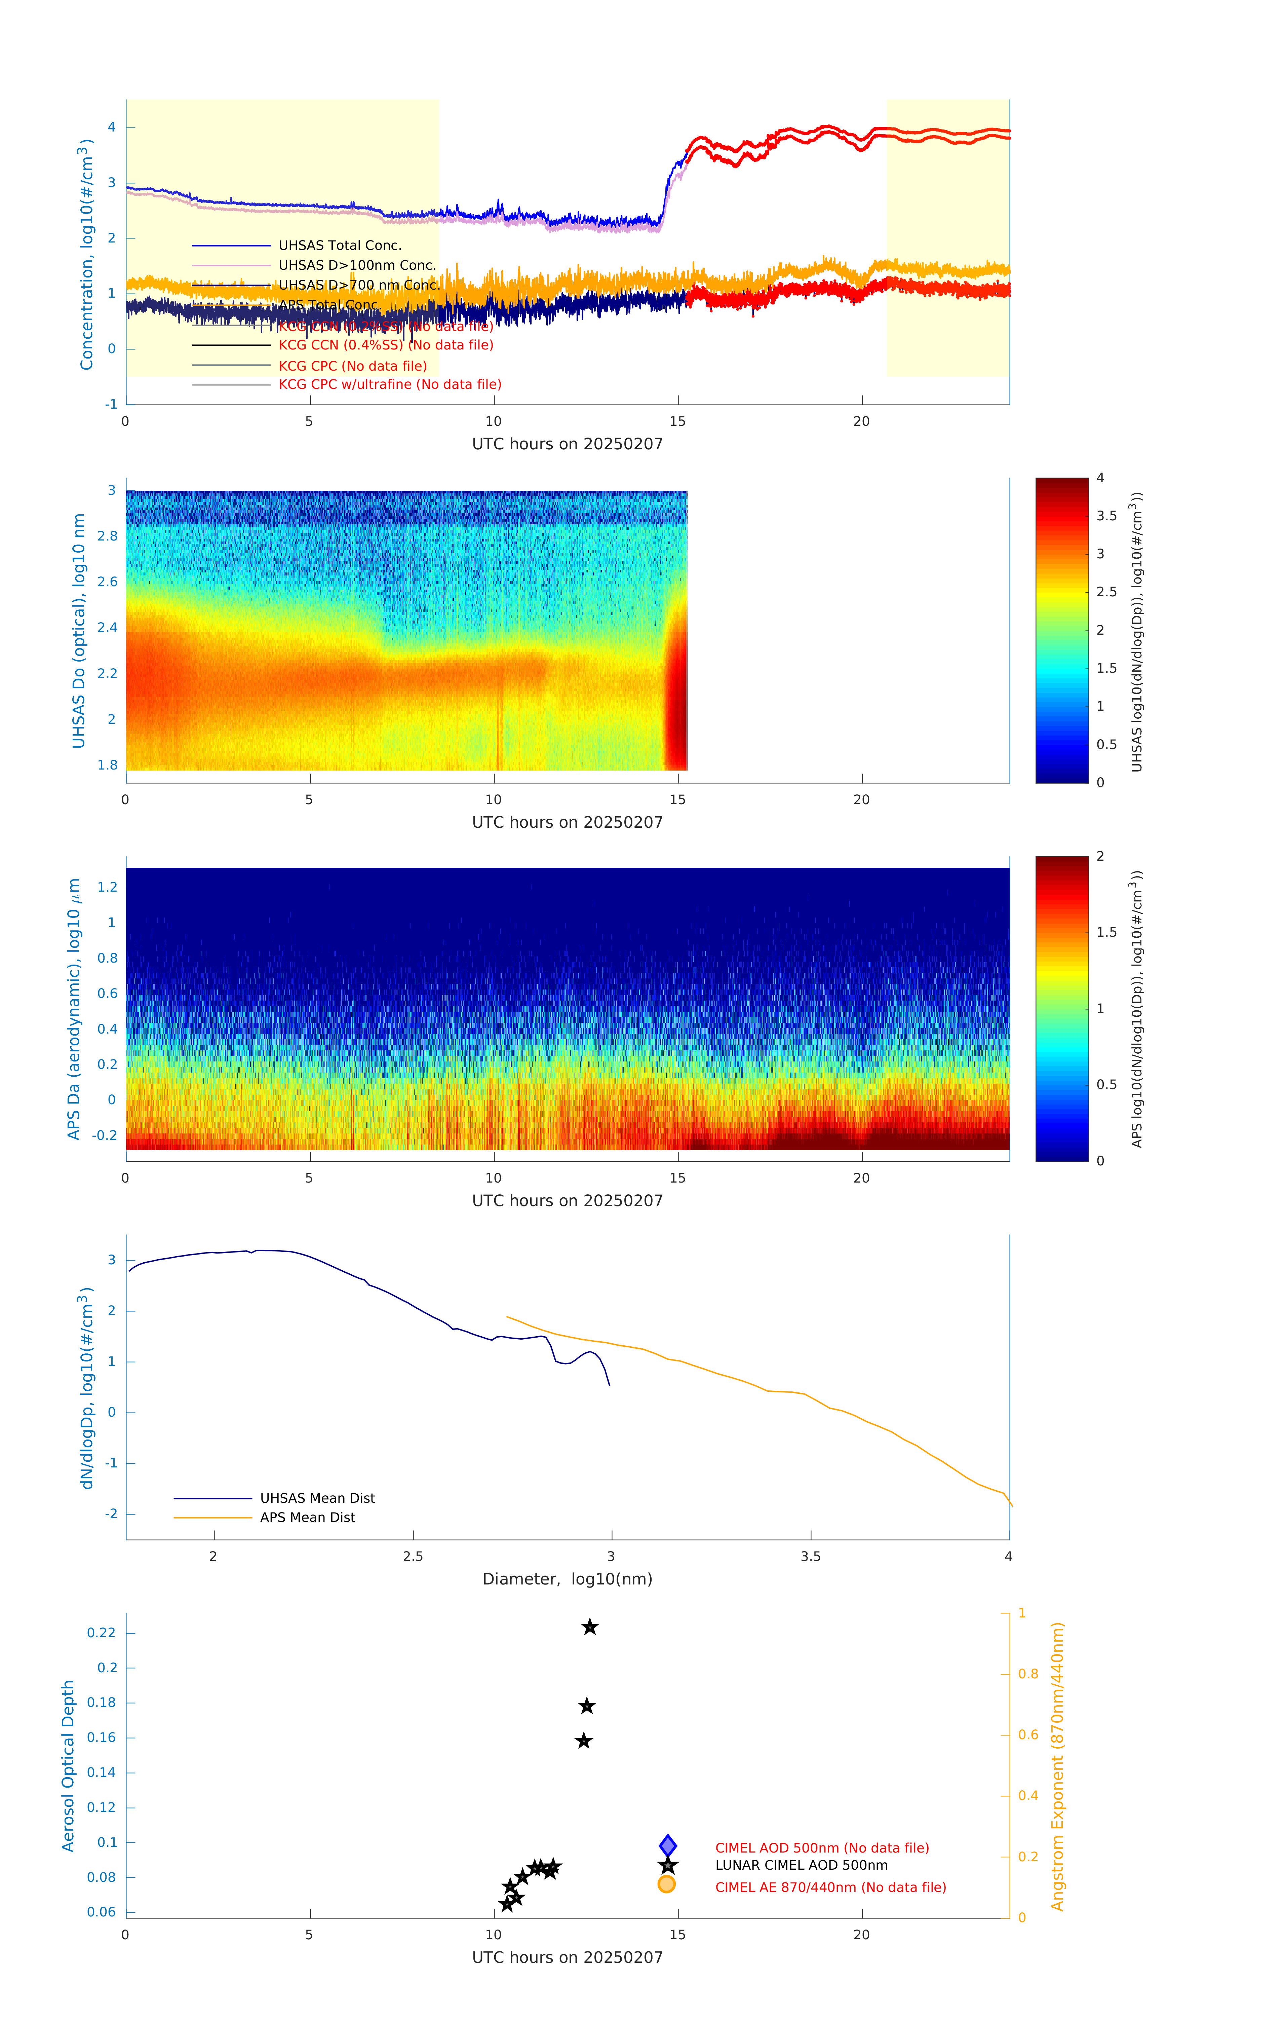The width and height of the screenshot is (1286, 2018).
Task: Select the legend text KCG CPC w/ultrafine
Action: pyautogui.click(x=390, y=385)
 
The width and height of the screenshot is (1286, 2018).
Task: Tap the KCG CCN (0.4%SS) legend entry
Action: pyautogui.click(x=385, y=345)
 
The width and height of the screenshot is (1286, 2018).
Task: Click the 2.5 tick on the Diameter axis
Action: pyautogui.click(x=413, y=1556)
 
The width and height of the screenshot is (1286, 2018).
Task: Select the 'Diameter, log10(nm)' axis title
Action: pyautogui.click(x=567, y=1579)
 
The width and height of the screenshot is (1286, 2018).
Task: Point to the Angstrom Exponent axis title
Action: pyautogui.click(x=1057, y=1766)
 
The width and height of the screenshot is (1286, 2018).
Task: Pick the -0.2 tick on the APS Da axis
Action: pyautogui.click(x=105, y=1135)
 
